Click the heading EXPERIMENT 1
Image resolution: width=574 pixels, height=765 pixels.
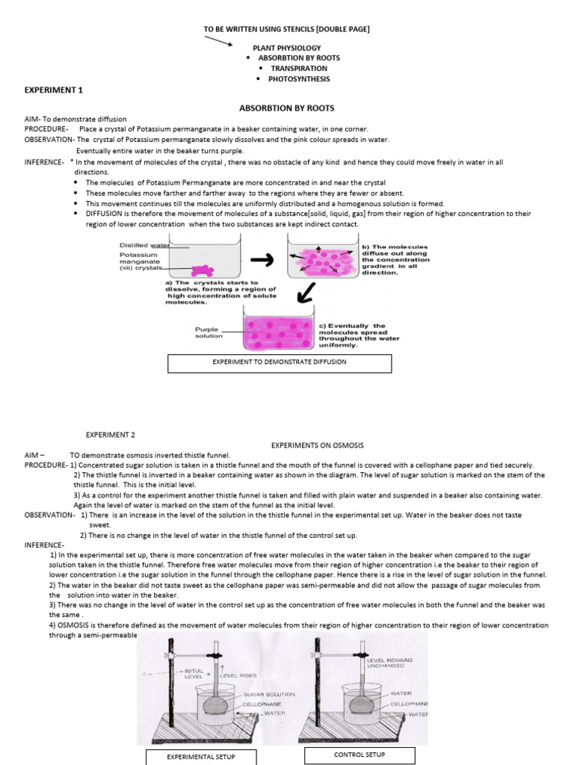click(x=53, y=90)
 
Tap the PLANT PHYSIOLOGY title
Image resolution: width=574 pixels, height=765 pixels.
click(x=286, y=47)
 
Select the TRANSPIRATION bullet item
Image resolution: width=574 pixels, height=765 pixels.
click(x=299, y=68)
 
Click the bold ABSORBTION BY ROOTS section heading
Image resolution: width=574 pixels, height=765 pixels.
click(x=286, y=108)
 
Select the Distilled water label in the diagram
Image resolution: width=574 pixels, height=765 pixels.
click(x=145, y=245)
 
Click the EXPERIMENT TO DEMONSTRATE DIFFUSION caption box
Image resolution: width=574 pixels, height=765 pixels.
click(x=280, y=363)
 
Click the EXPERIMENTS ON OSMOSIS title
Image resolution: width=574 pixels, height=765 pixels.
click(x=317, y=445)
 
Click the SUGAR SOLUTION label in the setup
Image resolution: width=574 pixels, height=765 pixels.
click(x=269, y=694)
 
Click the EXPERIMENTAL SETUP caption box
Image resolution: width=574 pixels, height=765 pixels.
click(x=200, y=757)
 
